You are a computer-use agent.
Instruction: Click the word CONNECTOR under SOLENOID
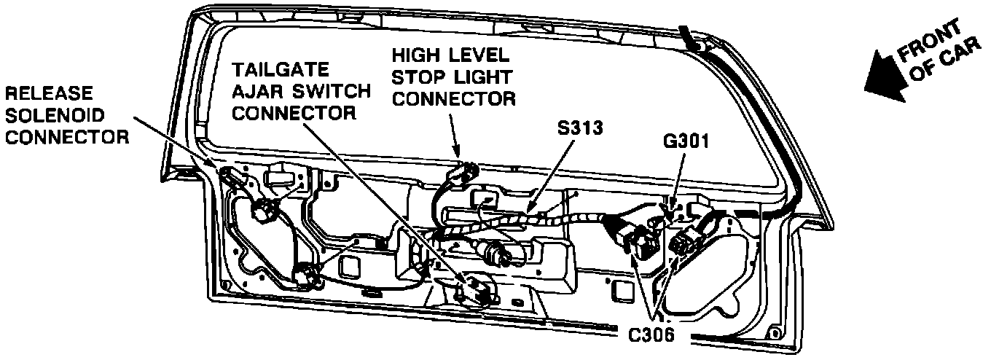[x=65, y=136]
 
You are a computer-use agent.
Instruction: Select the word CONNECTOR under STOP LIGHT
[x=454, y=98]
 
